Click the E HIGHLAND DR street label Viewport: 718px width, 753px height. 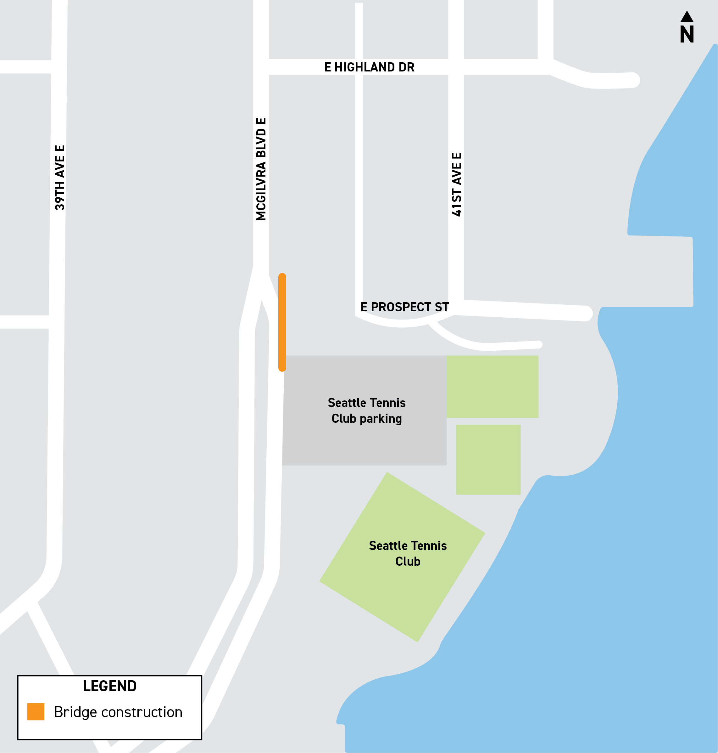pos(369,67)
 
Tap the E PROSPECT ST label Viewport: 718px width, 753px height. pos(404,307)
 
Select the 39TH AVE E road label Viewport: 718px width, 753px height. pos(60,178)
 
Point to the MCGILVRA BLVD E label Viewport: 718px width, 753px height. pos(261,169)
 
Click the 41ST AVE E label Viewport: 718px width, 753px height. pos(457,184)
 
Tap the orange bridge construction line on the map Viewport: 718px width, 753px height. pos(282,322)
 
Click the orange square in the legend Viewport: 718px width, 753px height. pos(36,712)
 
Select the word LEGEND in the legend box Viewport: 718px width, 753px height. pos(109,686)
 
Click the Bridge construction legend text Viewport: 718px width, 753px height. pos(118,712)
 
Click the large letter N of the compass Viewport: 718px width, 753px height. pos(687,35)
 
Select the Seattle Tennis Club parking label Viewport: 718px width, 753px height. pos(366,410)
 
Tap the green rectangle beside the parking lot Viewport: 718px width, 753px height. pos(492,387)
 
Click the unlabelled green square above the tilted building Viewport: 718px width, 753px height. pos(488,460)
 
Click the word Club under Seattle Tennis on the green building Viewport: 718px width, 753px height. pos(408,562)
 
